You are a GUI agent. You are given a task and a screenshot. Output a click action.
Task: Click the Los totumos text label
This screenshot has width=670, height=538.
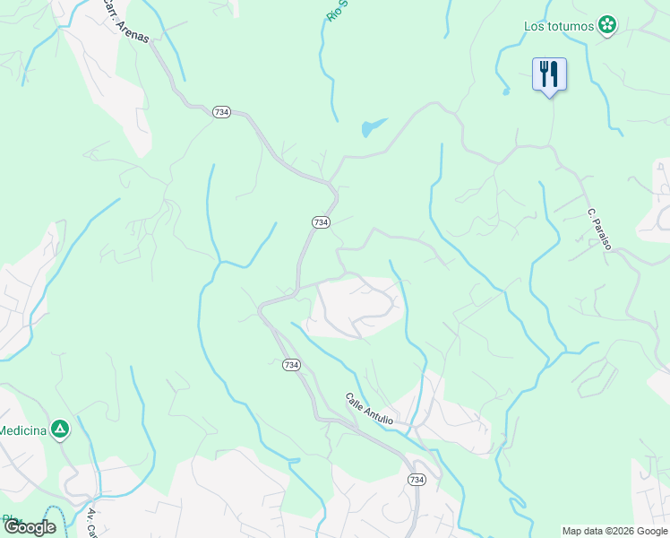[559, 25]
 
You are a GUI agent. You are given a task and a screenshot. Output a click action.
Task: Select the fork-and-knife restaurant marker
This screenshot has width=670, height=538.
[549, 74]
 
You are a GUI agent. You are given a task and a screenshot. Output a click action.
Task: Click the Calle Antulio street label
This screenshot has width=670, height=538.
[369, 408]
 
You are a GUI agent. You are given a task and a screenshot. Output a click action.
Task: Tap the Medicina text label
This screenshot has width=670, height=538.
[22, 430]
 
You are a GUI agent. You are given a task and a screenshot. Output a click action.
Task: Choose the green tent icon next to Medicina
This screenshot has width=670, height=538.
[59, 430]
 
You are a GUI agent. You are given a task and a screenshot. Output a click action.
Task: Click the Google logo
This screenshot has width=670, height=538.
[30, 527]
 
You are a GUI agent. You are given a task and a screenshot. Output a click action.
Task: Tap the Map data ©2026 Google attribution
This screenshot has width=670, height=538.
[614, 531]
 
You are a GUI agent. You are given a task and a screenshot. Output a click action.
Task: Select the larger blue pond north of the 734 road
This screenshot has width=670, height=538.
[373, 128]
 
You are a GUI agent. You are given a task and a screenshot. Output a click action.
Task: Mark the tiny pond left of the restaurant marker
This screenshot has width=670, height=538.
[506, 91]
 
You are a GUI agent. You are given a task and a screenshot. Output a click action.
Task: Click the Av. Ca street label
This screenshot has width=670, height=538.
[91, 522]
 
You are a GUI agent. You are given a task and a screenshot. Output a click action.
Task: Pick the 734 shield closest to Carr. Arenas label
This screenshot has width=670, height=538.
[222, 111]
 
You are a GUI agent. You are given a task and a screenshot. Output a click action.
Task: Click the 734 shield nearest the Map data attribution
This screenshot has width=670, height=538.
[417, 481]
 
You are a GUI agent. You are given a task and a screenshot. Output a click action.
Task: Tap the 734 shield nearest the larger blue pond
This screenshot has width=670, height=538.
[321, 221]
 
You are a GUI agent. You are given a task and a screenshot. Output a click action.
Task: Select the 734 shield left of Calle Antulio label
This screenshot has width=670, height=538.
[291, 365]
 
